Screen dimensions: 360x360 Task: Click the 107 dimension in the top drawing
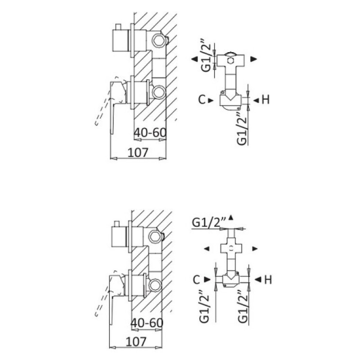(x=138, y=153)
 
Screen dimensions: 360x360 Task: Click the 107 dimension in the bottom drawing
(x=136, y=342)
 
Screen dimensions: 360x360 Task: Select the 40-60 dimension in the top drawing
(x=150, y=132)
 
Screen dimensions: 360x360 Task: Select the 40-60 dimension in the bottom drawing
(x=147, y=323)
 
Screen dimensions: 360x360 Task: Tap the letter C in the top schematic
(x=202, y=100)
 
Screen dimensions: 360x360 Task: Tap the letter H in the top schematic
(x=265, y=100)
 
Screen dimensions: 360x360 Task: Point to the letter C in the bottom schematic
(x=197, y=279)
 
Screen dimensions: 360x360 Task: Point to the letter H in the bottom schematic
(x=268, y=279)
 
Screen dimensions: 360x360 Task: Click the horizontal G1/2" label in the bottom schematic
(x=209, y=222)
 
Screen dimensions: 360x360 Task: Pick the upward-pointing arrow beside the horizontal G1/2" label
(x=231, y=217)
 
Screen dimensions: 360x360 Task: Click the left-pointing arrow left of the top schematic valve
(x=194, y=59)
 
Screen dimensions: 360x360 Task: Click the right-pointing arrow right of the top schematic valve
(x=253, y=59)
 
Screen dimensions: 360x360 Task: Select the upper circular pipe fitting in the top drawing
(x=159, y=40)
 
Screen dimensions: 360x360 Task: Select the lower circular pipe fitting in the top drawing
(x=159, y=92)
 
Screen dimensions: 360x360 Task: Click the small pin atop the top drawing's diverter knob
(x=118, y=27)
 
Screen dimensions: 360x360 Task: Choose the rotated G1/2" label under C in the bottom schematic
(x=204, y=306)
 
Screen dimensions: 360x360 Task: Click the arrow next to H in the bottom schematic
(x=258, y=279)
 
